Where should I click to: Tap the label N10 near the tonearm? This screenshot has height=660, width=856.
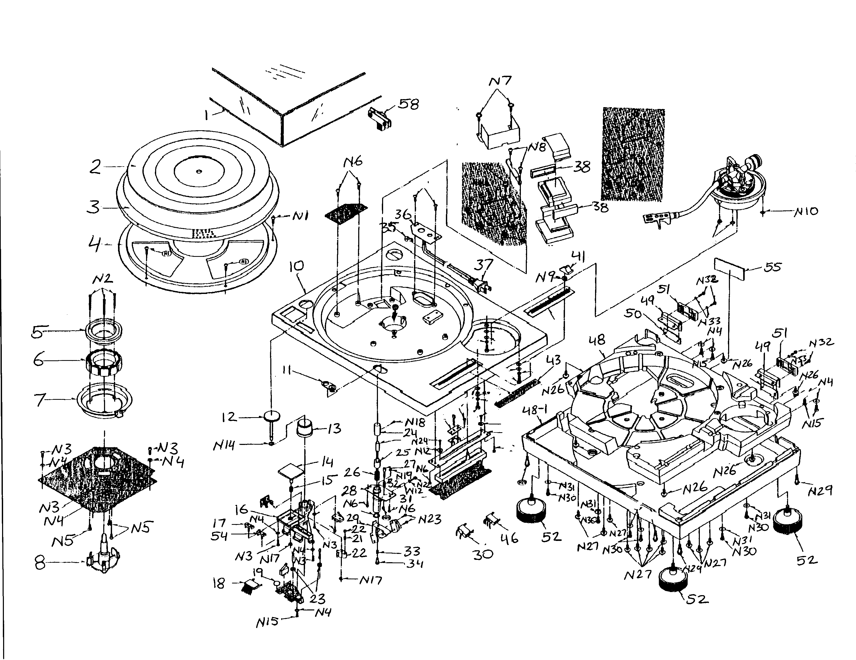(806, 212)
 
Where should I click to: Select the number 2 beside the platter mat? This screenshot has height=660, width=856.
(95, 167)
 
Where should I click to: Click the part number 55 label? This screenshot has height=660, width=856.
(772, 267)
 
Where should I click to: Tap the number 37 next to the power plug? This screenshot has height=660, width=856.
(483, 265)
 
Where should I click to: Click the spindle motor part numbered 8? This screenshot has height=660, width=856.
(103, 560)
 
